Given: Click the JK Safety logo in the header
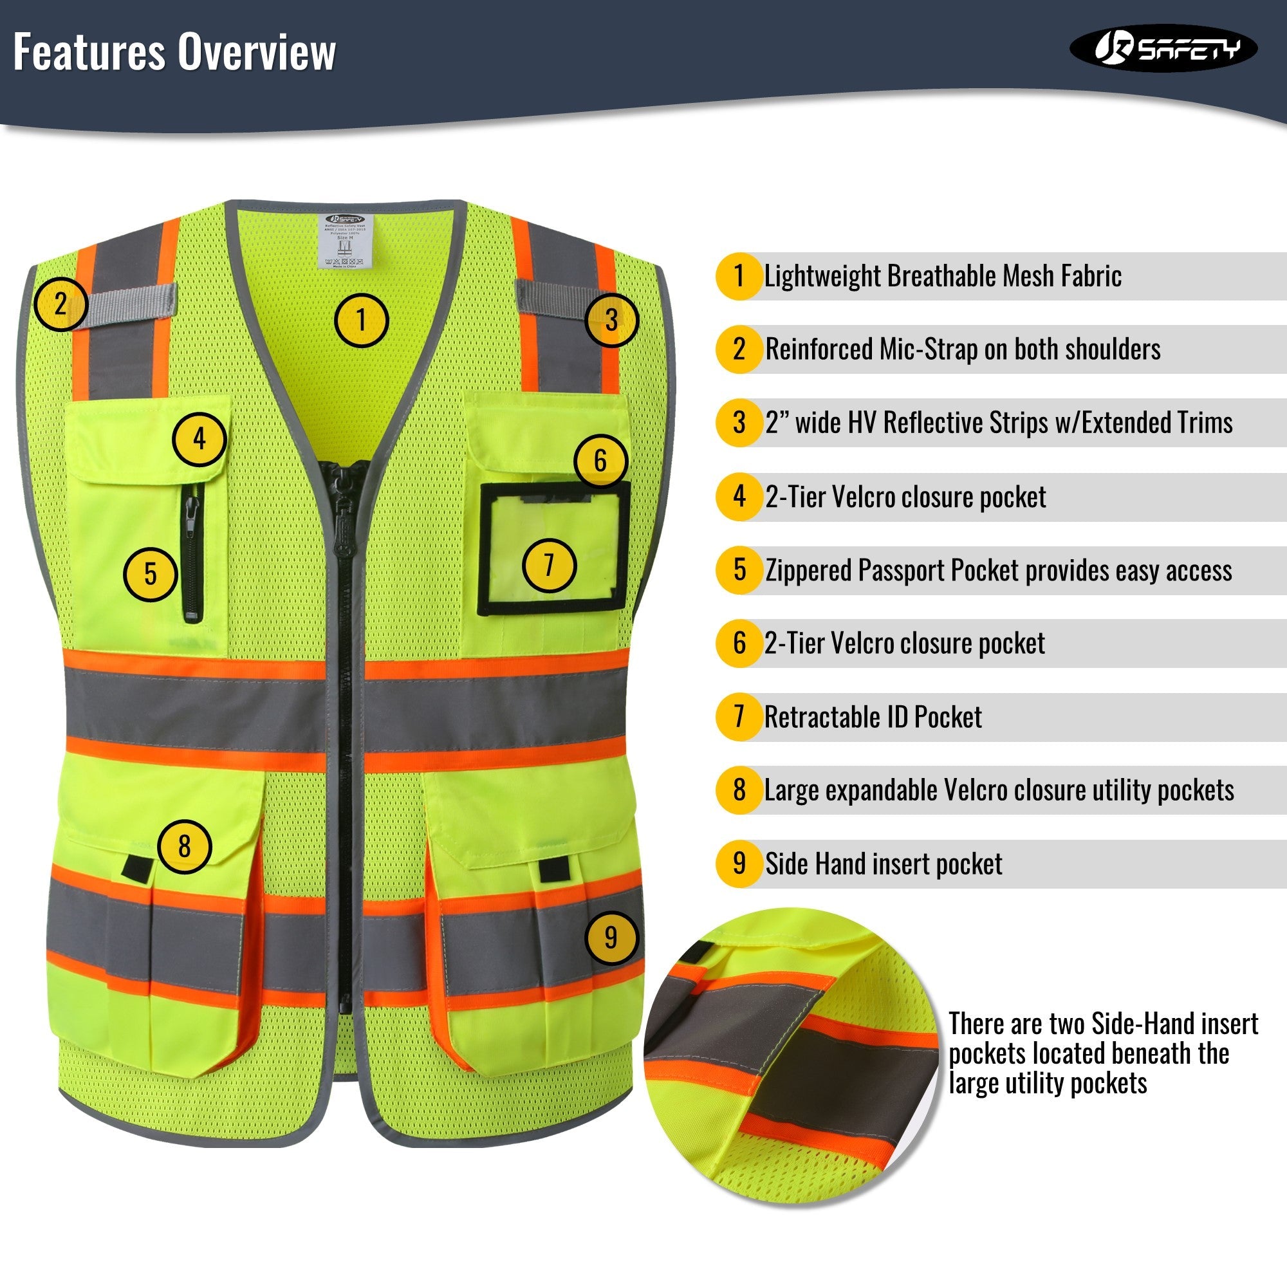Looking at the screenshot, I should (1163, 48).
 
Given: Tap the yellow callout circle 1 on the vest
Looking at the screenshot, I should (361, 320).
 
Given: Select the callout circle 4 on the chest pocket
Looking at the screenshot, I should (199, 439).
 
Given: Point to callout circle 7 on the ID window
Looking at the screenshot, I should (549, 565).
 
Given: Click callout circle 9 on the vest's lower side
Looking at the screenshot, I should (611, 938).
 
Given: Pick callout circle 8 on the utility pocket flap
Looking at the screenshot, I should (185, 847).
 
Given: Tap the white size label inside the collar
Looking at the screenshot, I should (344, 241).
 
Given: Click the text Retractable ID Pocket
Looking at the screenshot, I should (873, 718).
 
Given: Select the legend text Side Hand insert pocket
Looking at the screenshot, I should (884, 864).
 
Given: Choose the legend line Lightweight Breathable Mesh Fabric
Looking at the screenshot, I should (943, 276).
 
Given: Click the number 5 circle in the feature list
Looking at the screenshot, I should (739, 570).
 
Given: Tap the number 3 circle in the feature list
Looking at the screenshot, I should (739, 422).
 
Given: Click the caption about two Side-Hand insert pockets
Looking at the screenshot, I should (1102, 1053).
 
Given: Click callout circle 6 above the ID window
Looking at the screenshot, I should (600, 460).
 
